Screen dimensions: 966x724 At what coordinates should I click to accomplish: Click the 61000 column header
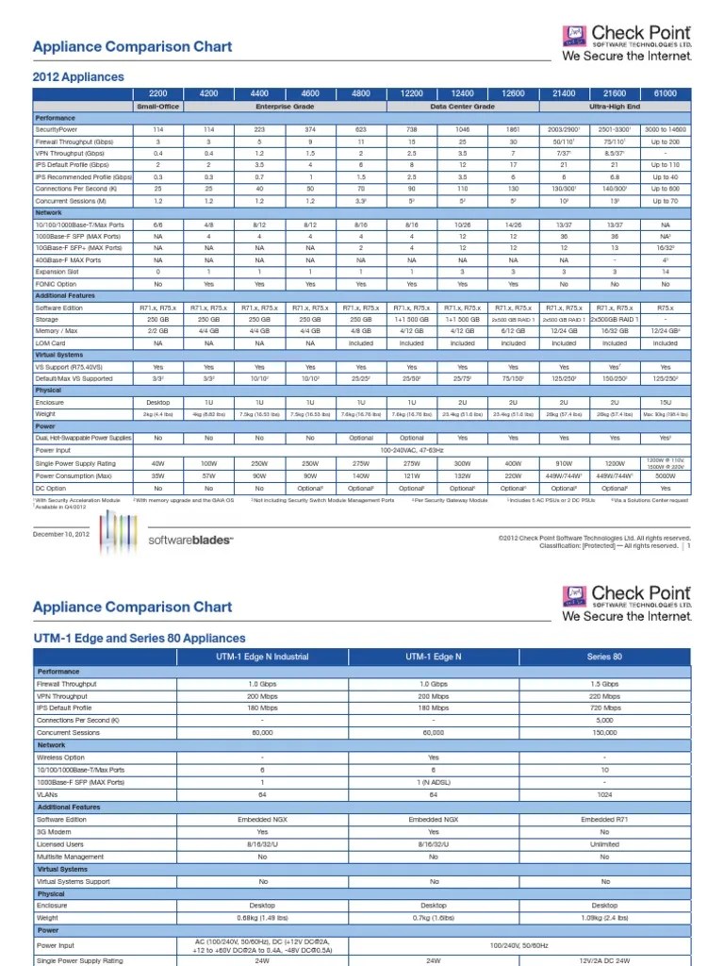665,94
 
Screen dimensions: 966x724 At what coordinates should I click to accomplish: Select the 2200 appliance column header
157,94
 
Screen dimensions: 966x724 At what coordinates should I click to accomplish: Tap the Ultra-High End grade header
615,107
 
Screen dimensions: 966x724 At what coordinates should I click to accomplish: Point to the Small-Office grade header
157,107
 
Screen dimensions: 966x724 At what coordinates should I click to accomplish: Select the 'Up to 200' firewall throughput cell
665,140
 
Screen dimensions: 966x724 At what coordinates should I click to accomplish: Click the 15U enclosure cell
665,402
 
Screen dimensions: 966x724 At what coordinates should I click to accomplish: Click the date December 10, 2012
60,535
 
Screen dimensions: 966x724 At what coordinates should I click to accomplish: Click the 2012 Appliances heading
78,77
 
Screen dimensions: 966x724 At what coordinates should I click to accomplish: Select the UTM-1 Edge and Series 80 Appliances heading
139,639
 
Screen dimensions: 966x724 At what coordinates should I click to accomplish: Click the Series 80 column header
604,656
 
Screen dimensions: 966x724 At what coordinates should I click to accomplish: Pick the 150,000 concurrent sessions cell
604,732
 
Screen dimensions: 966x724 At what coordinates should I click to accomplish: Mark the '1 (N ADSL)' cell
435,782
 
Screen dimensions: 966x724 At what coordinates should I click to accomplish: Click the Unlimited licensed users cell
604,844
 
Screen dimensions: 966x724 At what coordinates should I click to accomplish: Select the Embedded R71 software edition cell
604,820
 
